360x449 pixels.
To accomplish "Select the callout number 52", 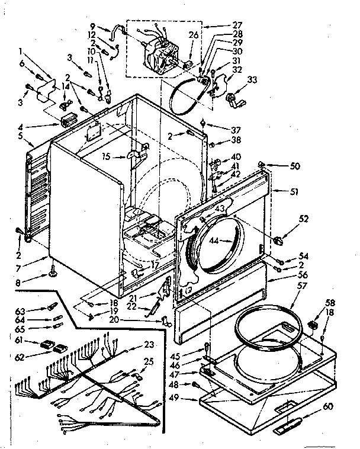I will click(304, 219).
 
